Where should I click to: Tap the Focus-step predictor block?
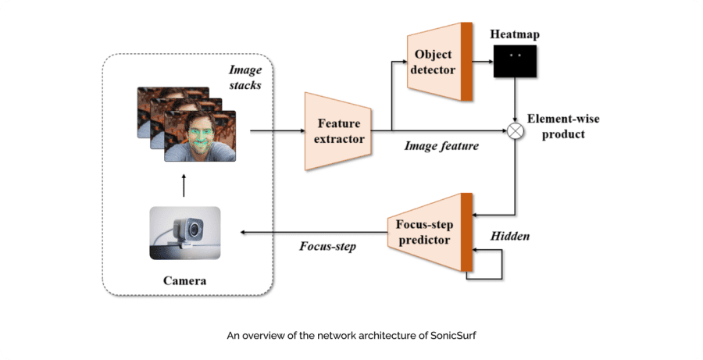coord(422,232)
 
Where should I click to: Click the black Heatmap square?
coord(514,61)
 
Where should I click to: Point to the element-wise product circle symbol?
coord(515,131)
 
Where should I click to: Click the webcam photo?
coord(184,233)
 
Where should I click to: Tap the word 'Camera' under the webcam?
coord(184,280)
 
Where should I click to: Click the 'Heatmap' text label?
coord(514,34)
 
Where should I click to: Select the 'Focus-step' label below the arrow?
coord(327,246)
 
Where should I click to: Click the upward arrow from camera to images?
coord(184,185)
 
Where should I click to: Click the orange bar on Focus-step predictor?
coord(466,232)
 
